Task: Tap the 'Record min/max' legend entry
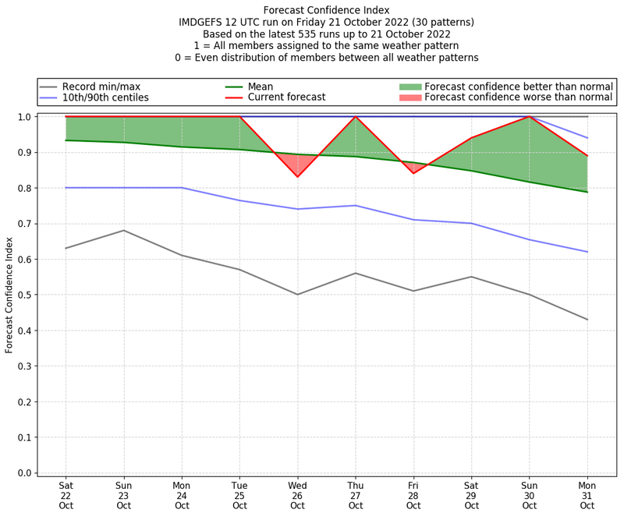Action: click(101, 87)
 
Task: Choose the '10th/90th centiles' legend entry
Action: click(105, 97)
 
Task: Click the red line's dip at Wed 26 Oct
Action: click(297, 177)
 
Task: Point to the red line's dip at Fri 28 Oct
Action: click(413, 173)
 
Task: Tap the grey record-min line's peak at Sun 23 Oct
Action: click(123, 230)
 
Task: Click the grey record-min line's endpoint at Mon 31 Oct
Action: click(587, 320)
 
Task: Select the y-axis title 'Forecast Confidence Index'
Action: click(9, 295)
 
